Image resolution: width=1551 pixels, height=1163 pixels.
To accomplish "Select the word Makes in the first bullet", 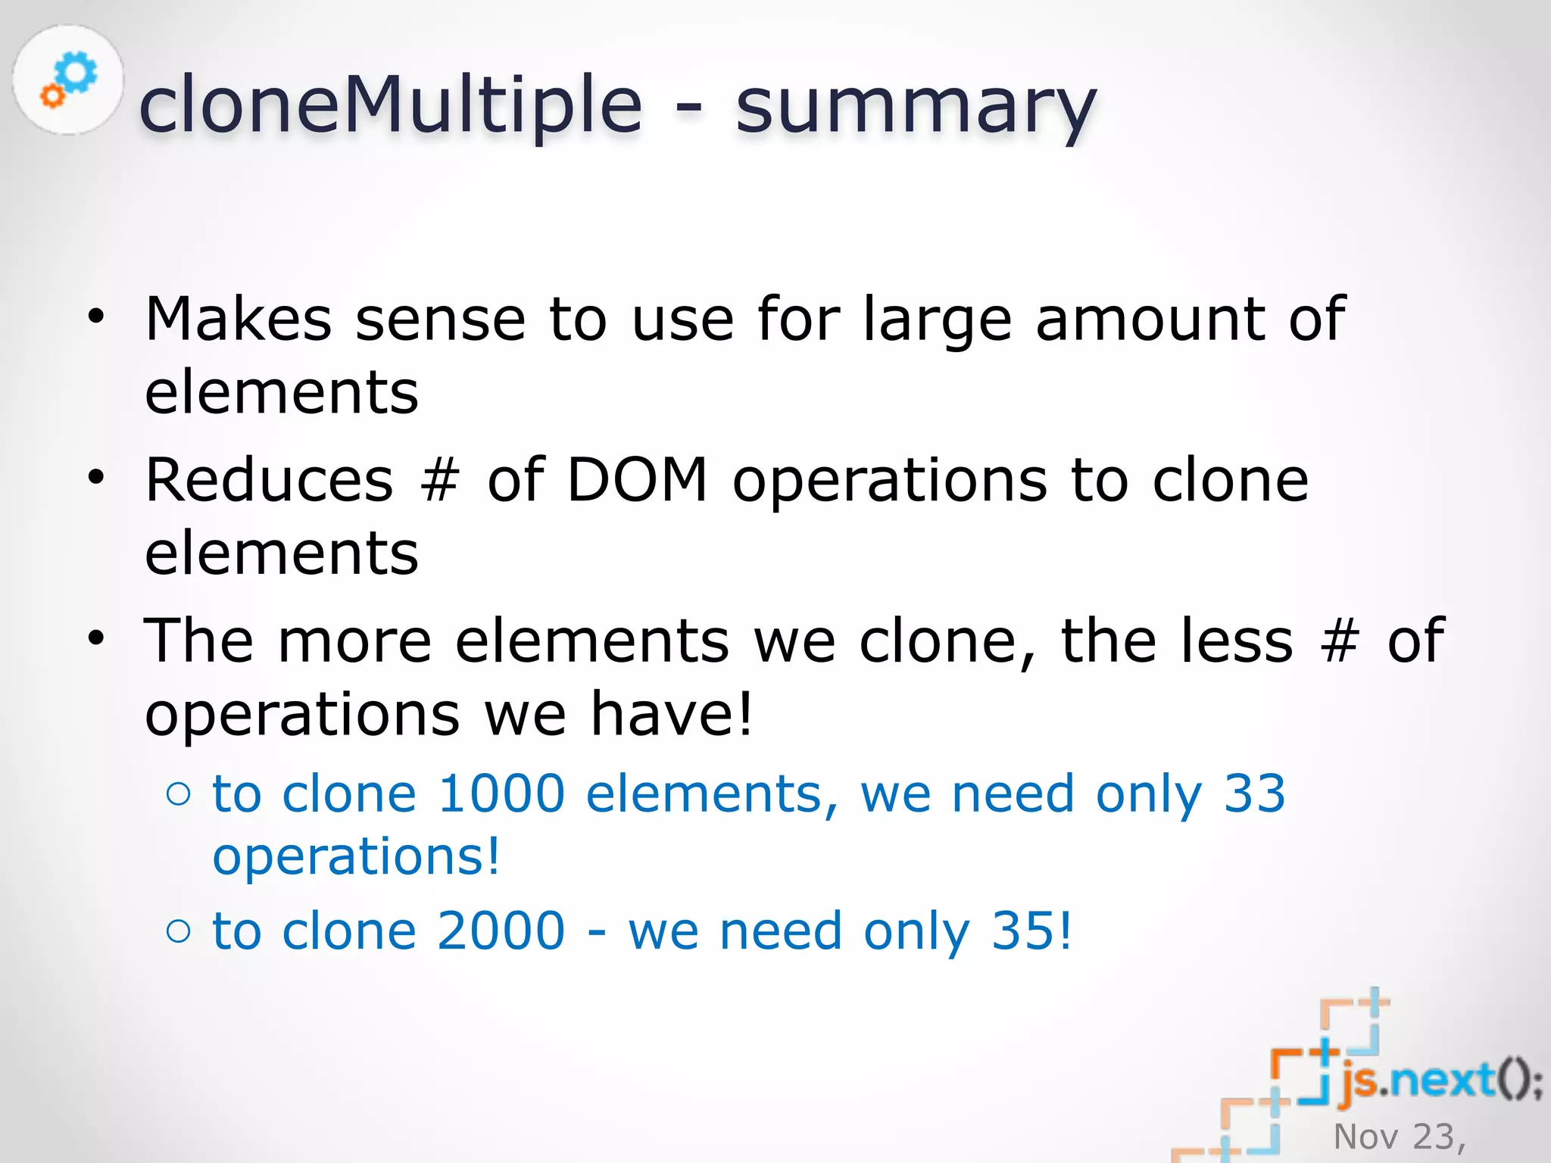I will pyautogui.click(x=239, y=319).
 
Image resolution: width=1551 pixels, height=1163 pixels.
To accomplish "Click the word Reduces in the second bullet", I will pyautogui.click(x=270, y=480).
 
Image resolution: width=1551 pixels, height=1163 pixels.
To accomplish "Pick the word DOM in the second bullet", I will pyautogui.click(x=637, y=480).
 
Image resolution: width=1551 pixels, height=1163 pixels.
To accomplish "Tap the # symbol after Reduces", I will pyautogui.click(x=440, y=482).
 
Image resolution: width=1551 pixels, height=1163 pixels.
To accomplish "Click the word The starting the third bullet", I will pyautogui.click(x=198, y=641).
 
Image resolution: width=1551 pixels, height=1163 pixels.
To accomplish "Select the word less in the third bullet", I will pyautogui.click(x=1227, y=641).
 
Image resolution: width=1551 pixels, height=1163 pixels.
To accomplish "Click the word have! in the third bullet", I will pyautogui.click(x=672, y=713).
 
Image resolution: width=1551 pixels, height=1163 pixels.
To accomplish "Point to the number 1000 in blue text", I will pyautogui.click(x=501, y=794).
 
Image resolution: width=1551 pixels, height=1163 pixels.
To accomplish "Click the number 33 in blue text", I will pyautogui.click(x=1254, y=794).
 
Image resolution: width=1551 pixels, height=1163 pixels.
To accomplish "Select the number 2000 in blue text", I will pyautogui.click(x=501, y=931).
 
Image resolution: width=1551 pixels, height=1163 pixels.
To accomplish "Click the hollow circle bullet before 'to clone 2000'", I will pyautogui.click(x=179, y=931).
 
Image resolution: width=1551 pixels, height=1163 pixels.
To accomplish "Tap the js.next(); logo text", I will pyautogui.click(x=1439, y=1081).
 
